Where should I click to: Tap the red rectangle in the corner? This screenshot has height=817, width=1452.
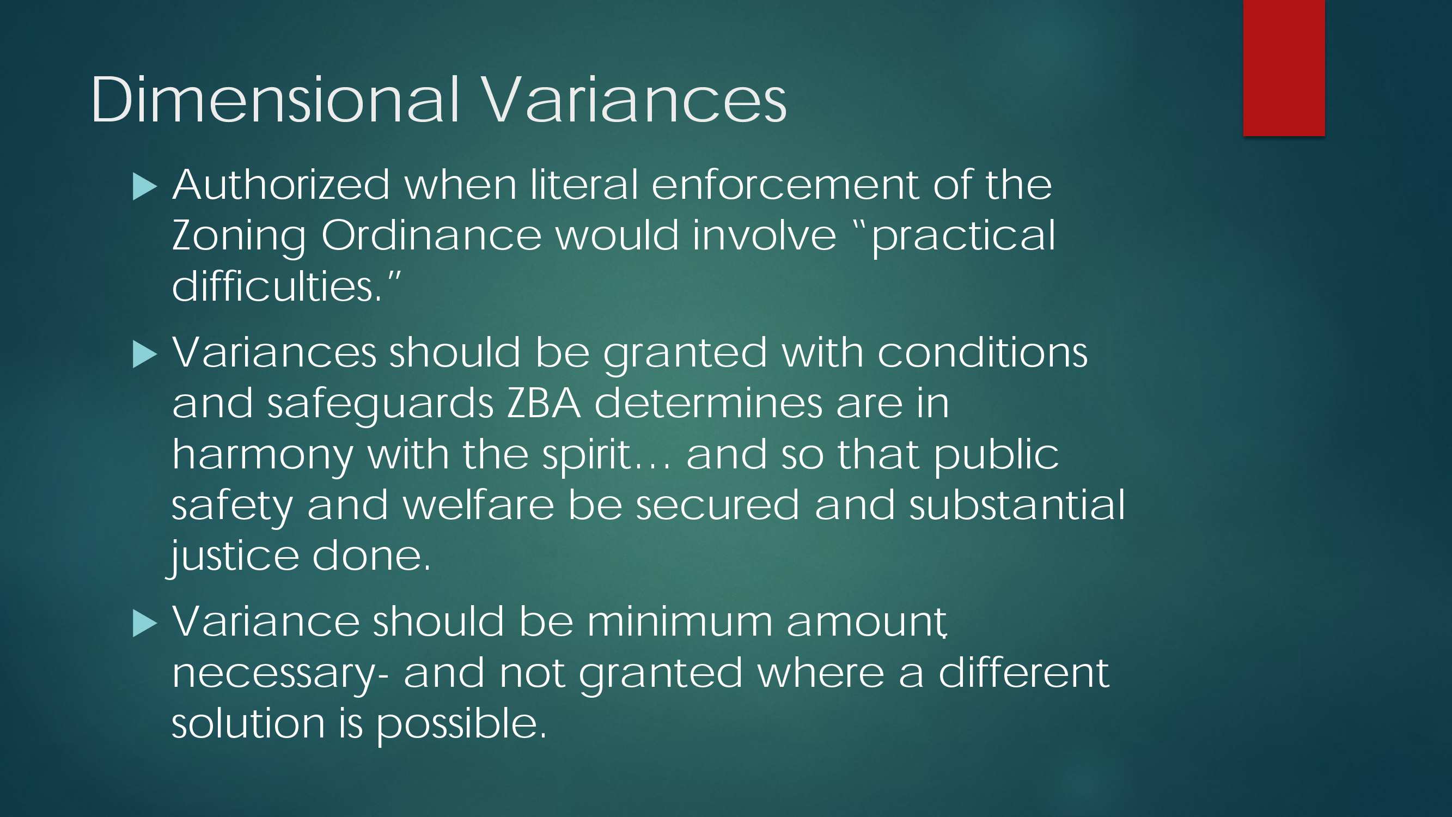[x=1284, y=68]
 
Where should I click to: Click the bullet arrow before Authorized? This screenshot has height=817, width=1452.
[x=145, y=187]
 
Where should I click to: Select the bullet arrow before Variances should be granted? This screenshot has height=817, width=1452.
[x=145, y=355]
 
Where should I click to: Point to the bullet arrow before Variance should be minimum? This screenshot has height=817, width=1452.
[x=145, y=624]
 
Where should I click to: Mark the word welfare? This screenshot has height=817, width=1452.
[x=479, y=505]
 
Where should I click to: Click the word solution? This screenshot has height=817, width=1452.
[x=248, y=723]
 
